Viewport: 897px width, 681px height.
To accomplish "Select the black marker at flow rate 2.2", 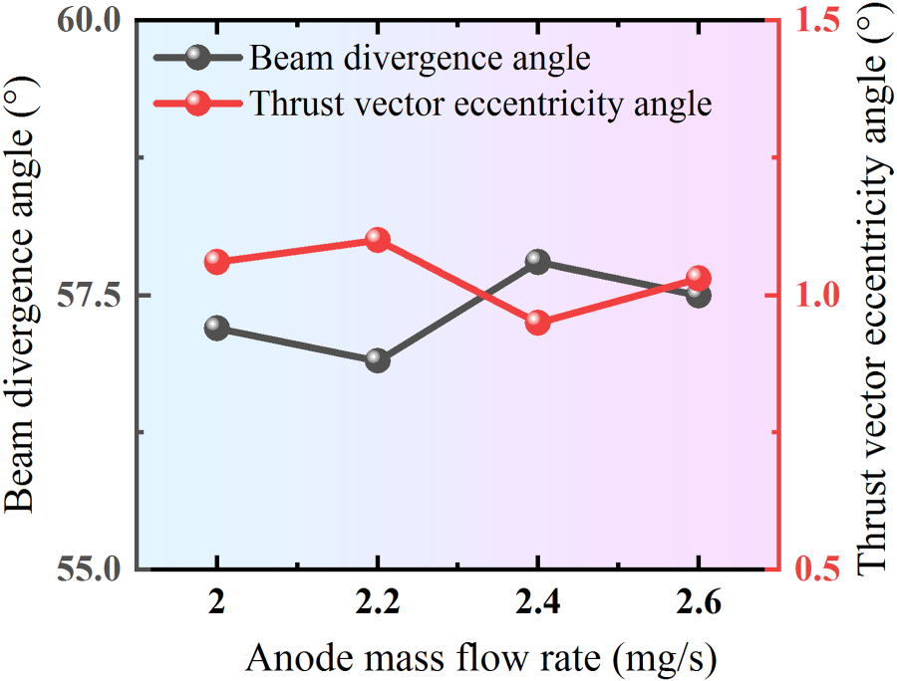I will pos(378,359).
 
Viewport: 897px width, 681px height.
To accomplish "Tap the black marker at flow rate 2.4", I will pos(538,262).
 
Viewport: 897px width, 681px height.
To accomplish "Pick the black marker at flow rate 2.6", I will pos(698,295).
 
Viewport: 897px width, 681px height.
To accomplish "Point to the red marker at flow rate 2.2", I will pos(378,239).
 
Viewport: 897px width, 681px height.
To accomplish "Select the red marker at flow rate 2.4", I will pos(538,322).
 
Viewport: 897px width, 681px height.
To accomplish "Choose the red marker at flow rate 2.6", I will pos(698,278).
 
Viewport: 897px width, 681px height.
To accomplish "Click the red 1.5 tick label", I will pos(815,21).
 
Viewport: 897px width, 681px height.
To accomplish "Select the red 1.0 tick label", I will pos(815,296).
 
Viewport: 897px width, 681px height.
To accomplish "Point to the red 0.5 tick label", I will pos(815,570).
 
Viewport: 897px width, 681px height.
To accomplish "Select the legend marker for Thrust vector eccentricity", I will pos(198,103).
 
